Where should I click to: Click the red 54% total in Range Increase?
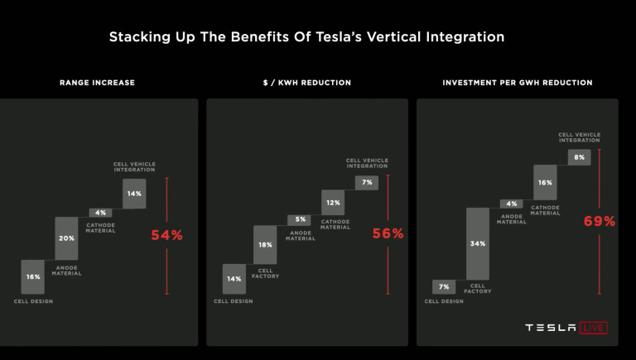pos(166,235)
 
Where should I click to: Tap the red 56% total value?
pos(388,233)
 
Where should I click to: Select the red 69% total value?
pos(600,221)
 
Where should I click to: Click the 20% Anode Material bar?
pos(66,238)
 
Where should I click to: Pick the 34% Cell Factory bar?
pos(478,243)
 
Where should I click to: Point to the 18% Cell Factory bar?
pos(265,245)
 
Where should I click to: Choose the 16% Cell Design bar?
pos(33,276)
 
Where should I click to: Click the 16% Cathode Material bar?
pos(544,182)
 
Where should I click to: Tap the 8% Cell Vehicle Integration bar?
pos(579,157)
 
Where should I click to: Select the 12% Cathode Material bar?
pos(333,202)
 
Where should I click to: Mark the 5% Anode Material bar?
pos(299,220)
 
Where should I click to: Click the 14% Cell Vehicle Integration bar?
pos(134,193)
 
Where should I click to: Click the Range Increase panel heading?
pos(97,83)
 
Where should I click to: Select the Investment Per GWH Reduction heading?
pos(517,83)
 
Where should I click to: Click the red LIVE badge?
pos(594,328)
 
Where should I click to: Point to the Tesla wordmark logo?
pos(551,328)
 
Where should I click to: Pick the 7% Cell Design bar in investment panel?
pos(444,286)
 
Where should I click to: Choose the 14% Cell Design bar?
pos(234,279)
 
